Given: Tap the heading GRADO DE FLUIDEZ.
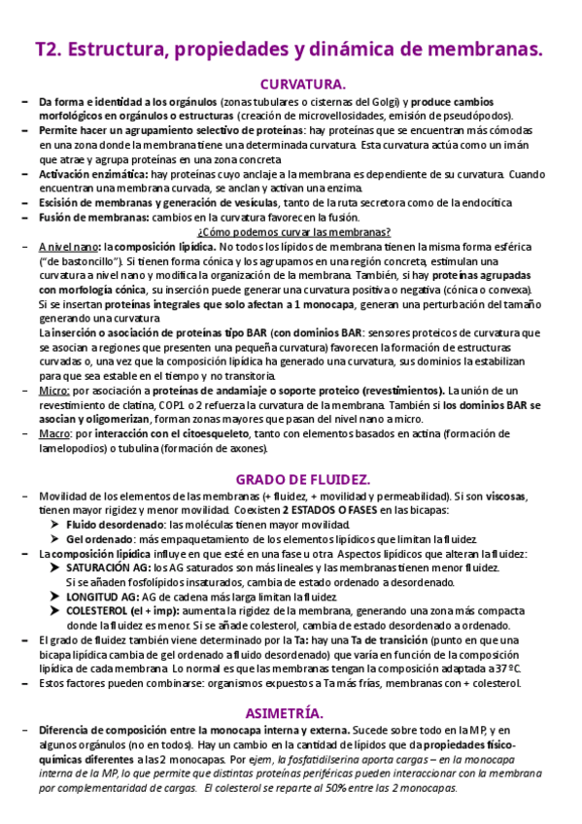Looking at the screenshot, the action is (302, 479).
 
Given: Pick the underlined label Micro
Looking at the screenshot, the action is (53, 391).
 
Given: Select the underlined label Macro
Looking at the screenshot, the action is (55, 434).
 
